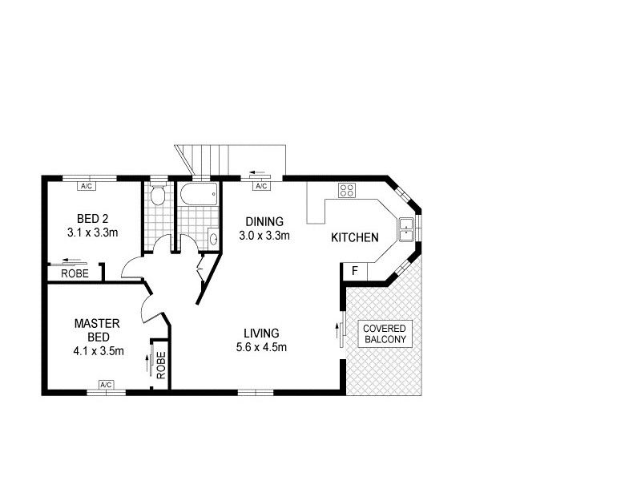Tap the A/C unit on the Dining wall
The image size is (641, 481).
tap(260, 186)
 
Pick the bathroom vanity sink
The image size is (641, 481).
tap(213, 237)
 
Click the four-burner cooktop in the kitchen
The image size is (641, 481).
tap(348, 191)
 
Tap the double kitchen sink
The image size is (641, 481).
tap(406, 228)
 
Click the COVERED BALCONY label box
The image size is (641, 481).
tap(385, 333)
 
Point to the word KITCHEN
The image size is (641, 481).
tap(355, 237)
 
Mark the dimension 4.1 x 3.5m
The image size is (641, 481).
tap(97, 350)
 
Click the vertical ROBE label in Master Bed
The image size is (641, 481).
tap(160, 366)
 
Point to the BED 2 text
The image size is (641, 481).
tap(93, 219)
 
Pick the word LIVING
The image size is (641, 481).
tap(262, 333)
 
